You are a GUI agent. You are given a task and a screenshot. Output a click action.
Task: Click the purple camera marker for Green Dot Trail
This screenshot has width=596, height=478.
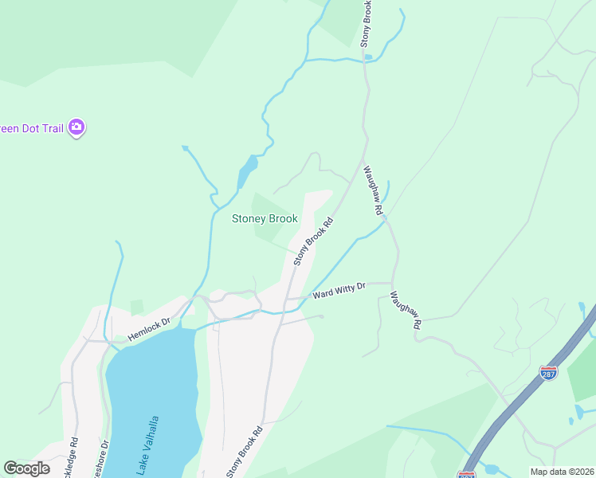(x=76, y=127)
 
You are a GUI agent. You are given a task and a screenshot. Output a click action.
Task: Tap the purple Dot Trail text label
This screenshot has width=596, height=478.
(x=32, y=127)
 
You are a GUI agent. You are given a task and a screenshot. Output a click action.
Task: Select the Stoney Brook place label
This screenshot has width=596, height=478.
(x=265, y=218)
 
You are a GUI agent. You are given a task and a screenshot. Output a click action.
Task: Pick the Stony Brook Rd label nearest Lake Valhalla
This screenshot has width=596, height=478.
(x=244, y=452)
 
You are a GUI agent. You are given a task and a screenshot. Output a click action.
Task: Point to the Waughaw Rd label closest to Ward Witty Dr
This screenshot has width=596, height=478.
(x=405, y=311)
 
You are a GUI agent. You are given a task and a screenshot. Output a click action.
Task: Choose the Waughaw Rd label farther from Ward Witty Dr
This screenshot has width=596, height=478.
(x=374, y=190)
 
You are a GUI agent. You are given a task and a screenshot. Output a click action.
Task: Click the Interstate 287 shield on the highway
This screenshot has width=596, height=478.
(x=548, y=373)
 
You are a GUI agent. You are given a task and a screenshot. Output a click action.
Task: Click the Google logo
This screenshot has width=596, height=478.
(x=26, y=468)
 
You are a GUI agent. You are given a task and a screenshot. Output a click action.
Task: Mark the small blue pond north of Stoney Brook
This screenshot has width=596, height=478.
(x=248, y=170)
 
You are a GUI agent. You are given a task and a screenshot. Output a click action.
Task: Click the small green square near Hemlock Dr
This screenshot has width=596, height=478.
(x=136, y=307)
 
